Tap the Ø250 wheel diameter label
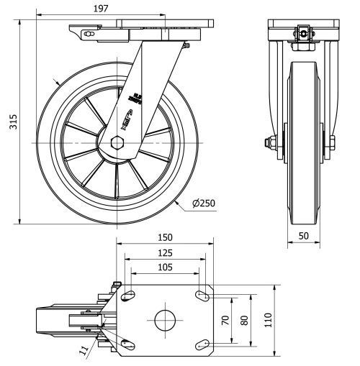tap(204, 203)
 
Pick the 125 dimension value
tap(164, 252)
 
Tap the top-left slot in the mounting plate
tap(130, 296)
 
